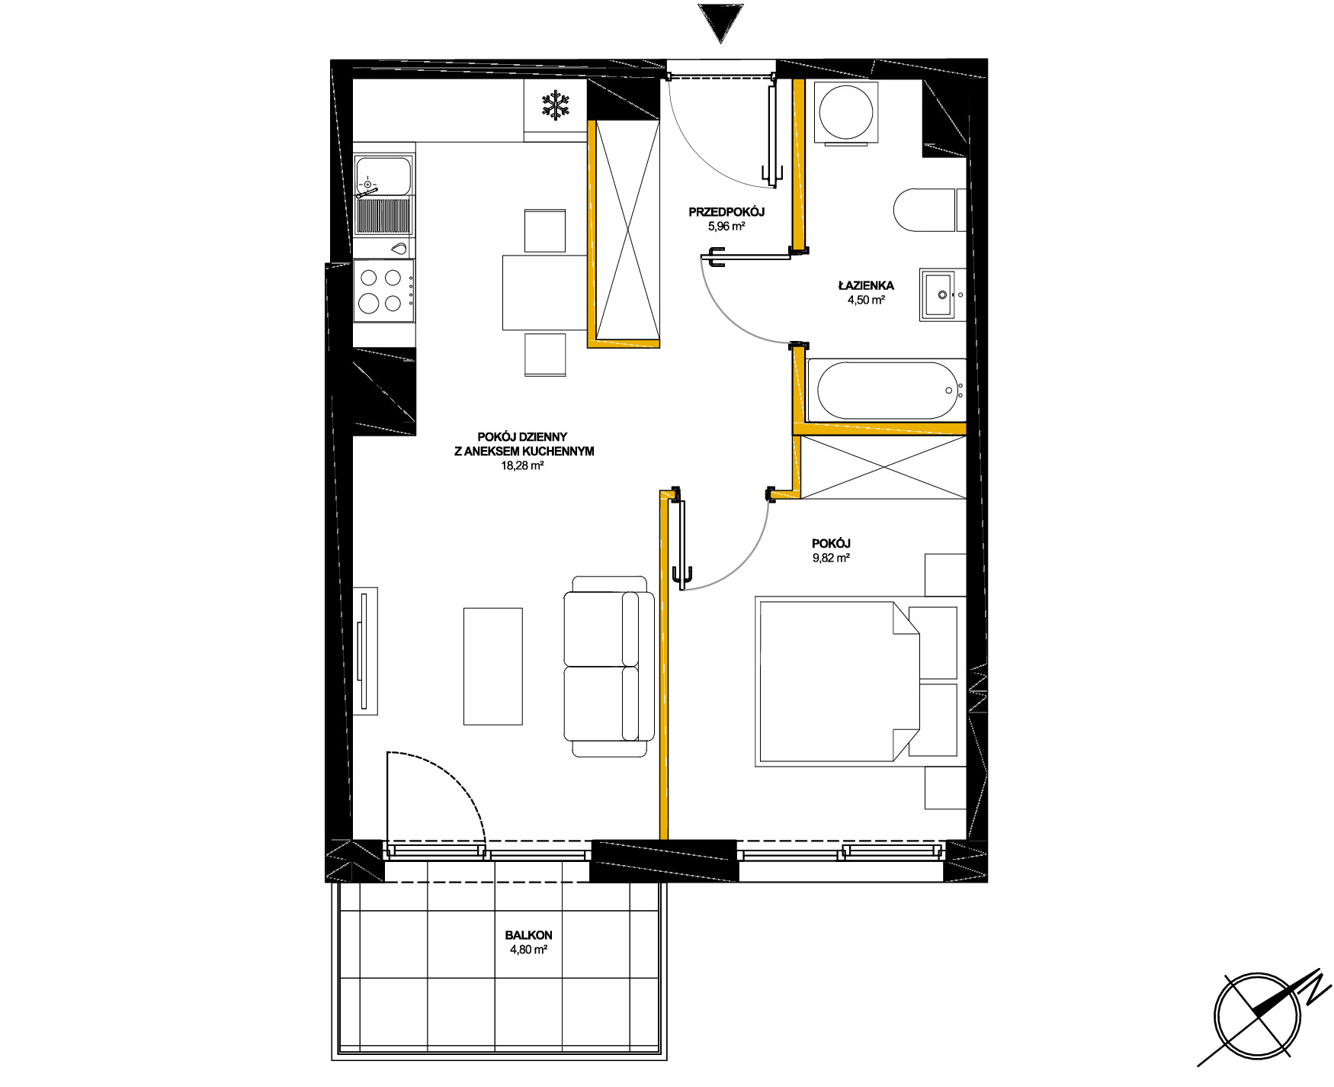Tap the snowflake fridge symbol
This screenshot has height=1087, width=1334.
pos(556,105)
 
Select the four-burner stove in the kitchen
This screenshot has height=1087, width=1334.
pos(384,291)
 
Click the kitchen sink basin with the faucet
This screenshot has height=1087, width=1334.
pos(383,175)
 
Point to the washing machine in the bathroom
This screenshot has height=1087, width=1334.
pos(845,112)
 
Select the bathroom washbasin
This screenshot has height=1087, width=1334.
pos(942,294)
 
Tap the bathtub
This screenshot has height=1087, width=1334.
pos(886,390)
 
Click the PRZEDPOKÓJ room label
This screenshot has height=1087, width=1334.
pos(726,212)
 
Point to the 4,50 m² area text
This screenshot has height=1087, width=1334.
pos(866,300)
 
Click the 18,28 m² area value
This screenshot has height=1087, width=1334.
pos(522,465)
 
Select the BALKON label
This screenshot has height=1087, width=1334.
pos(528,935)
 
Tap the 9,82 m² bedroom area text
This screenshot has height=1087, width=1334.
pos(831,558)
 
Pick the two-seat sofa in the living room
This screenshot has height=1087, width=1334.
pos(609,666)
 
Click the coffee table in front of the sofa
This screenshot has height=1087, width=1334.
pos(493,666)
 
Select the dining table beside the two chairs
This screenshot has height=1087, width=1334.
pos(544,292)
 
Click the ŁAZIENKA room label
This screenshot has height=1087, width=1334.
pos(866,285)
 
